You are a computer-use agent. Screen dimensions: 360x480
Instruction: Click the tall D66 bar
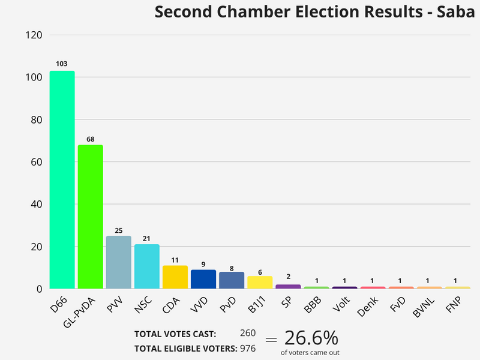(62, 180)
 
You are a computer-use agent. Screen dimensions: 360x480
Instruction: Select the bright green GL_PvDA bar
(90, 217)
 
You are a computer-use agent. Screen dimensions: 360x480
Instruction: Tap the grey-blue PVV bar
(118, 262)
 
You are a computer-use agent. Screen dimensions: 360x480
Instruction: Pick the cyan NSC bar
(146, 266)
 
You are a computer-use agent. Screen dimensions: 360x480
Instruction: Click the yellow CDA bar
(175, 277)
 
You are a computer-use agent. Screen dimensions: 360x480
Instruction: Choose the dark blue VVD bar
(203, 279)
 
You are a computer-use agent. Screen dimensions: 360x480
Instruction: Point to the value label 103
(62, 64)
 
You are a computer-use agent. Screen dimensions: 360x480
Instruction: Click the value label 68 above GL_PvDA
(90, 139)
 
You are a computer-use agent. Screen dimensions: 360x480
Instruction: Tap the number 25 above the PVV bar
(118, 230)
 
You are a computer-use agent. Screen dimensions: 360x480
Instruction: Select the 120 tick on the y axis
(34, 35)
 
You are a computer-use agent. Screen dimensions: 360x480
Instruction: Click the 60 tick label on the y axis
(36, 162)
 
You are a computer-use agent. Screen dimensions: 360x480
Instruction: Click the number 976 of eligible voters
(247, 348)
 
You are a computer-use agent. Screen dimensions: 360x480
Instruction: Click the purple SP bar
(288, 286)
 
